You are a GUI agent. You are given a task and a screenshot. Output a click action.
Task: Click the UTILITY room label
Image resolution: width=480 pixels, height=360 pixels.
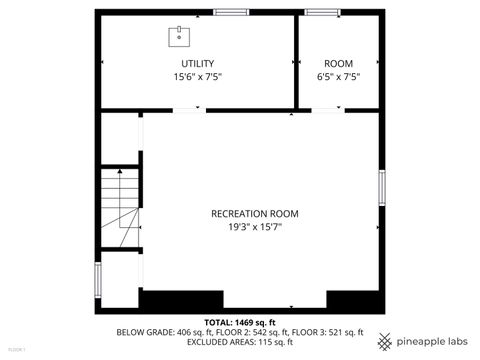pyautogui.click(x=197, y=64)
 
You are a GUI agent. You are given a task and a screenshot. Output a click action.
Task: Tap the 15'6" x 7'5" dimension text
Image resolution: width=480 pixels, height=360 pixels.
pyautogui.click(x=197, y=76)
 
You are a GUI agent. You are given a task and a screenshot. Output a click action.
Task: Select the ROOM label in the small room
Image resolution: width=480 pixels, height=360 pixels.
pyautogui.click(x=338, y=64)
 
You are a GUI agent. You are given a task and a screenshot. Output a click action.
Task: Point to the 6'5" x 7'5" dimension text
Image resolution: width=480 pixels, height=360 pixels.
pyautogui.click(x=338, y=76)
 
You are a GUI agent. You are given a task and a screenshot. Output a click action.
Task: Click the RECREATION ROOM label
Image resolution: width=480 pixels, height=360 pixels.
pyautogui.click(x=254, y=213)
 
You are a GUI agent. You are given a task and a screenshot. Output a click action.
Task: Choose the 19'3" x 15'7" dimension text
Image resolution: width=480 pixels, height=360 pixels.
pyautogui.click(x=254, y=226)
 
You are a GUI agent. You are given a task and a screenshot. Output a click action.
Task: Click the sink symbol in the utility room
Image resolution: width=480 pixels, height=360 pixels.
pyautogui.click(x=179, y=37)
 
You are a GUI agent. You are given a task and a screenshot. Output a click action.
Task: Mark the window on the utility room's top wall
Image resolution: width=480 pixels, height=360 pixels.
pyautogui.click(x=231, y=12)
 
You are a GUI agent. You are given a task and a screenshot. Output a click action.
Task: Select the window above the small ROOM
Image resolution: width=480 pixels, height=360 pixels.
pyautogui.click(x=322, y=12)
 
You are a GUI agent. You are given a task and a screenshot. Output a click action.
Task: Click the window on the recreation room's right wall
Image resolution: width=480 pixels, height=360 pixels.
pyautogui.click(x=382, y=188)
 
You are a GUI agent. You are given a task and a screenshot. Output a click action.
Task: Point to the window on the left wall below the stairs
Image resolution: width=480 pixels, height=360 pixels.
pyautogui.click(x=97, y=279)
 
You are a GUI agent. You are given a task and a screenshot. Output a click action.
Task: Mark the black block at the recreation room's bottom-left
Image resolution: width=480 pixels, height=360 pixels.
pyautogui.click(x=166, y=300)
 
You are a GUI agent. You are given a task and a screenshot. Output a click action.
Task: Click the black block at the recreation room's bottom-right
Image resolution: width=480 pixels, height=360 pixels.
pyautogui.click(x=354, y=300)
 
